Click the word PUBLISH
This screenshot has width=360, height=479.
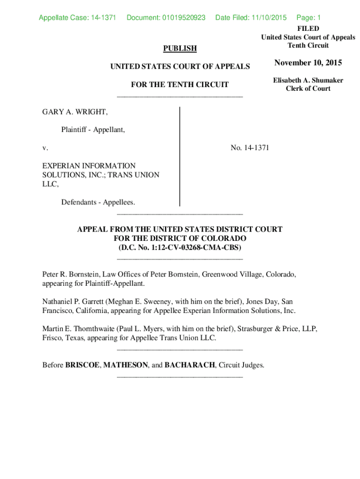coord(180,48)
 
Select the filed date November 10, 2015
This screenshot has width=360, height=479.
coord(308,63)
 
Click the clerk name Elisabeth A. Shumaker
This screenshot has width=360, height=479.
coord(308,80)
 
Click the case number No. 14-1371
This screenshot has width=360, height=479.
coord(250,148)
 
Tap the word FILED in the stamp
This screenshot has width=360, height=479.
coord(308,29)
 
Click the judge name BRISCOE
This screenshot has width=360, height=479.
coord(82,365)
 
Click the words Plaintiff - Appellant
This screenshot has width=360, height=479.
coord(93,130)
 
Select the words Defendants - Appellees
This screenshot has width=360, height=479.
coord(98,202)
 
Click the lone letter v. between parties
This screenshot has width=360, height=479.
coord(45,148)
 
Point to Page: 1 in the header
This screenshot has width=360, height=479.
coord(309,18)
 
